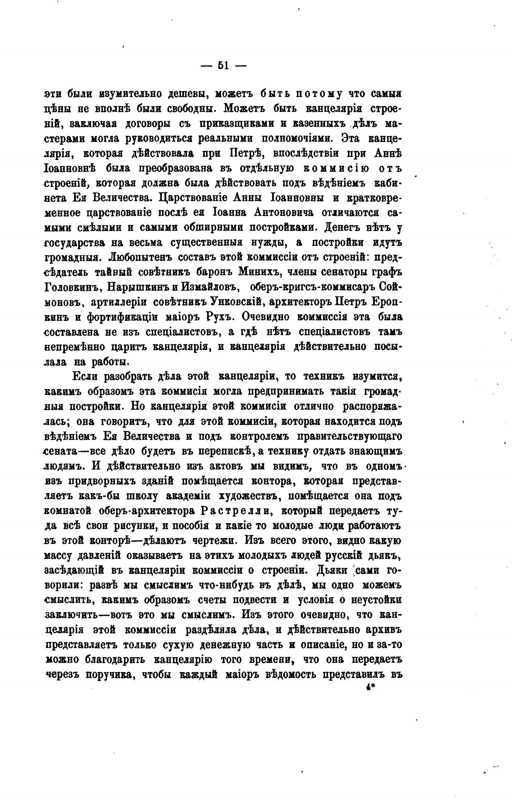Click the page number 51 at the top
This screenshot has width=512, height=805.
coord(223,66)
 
